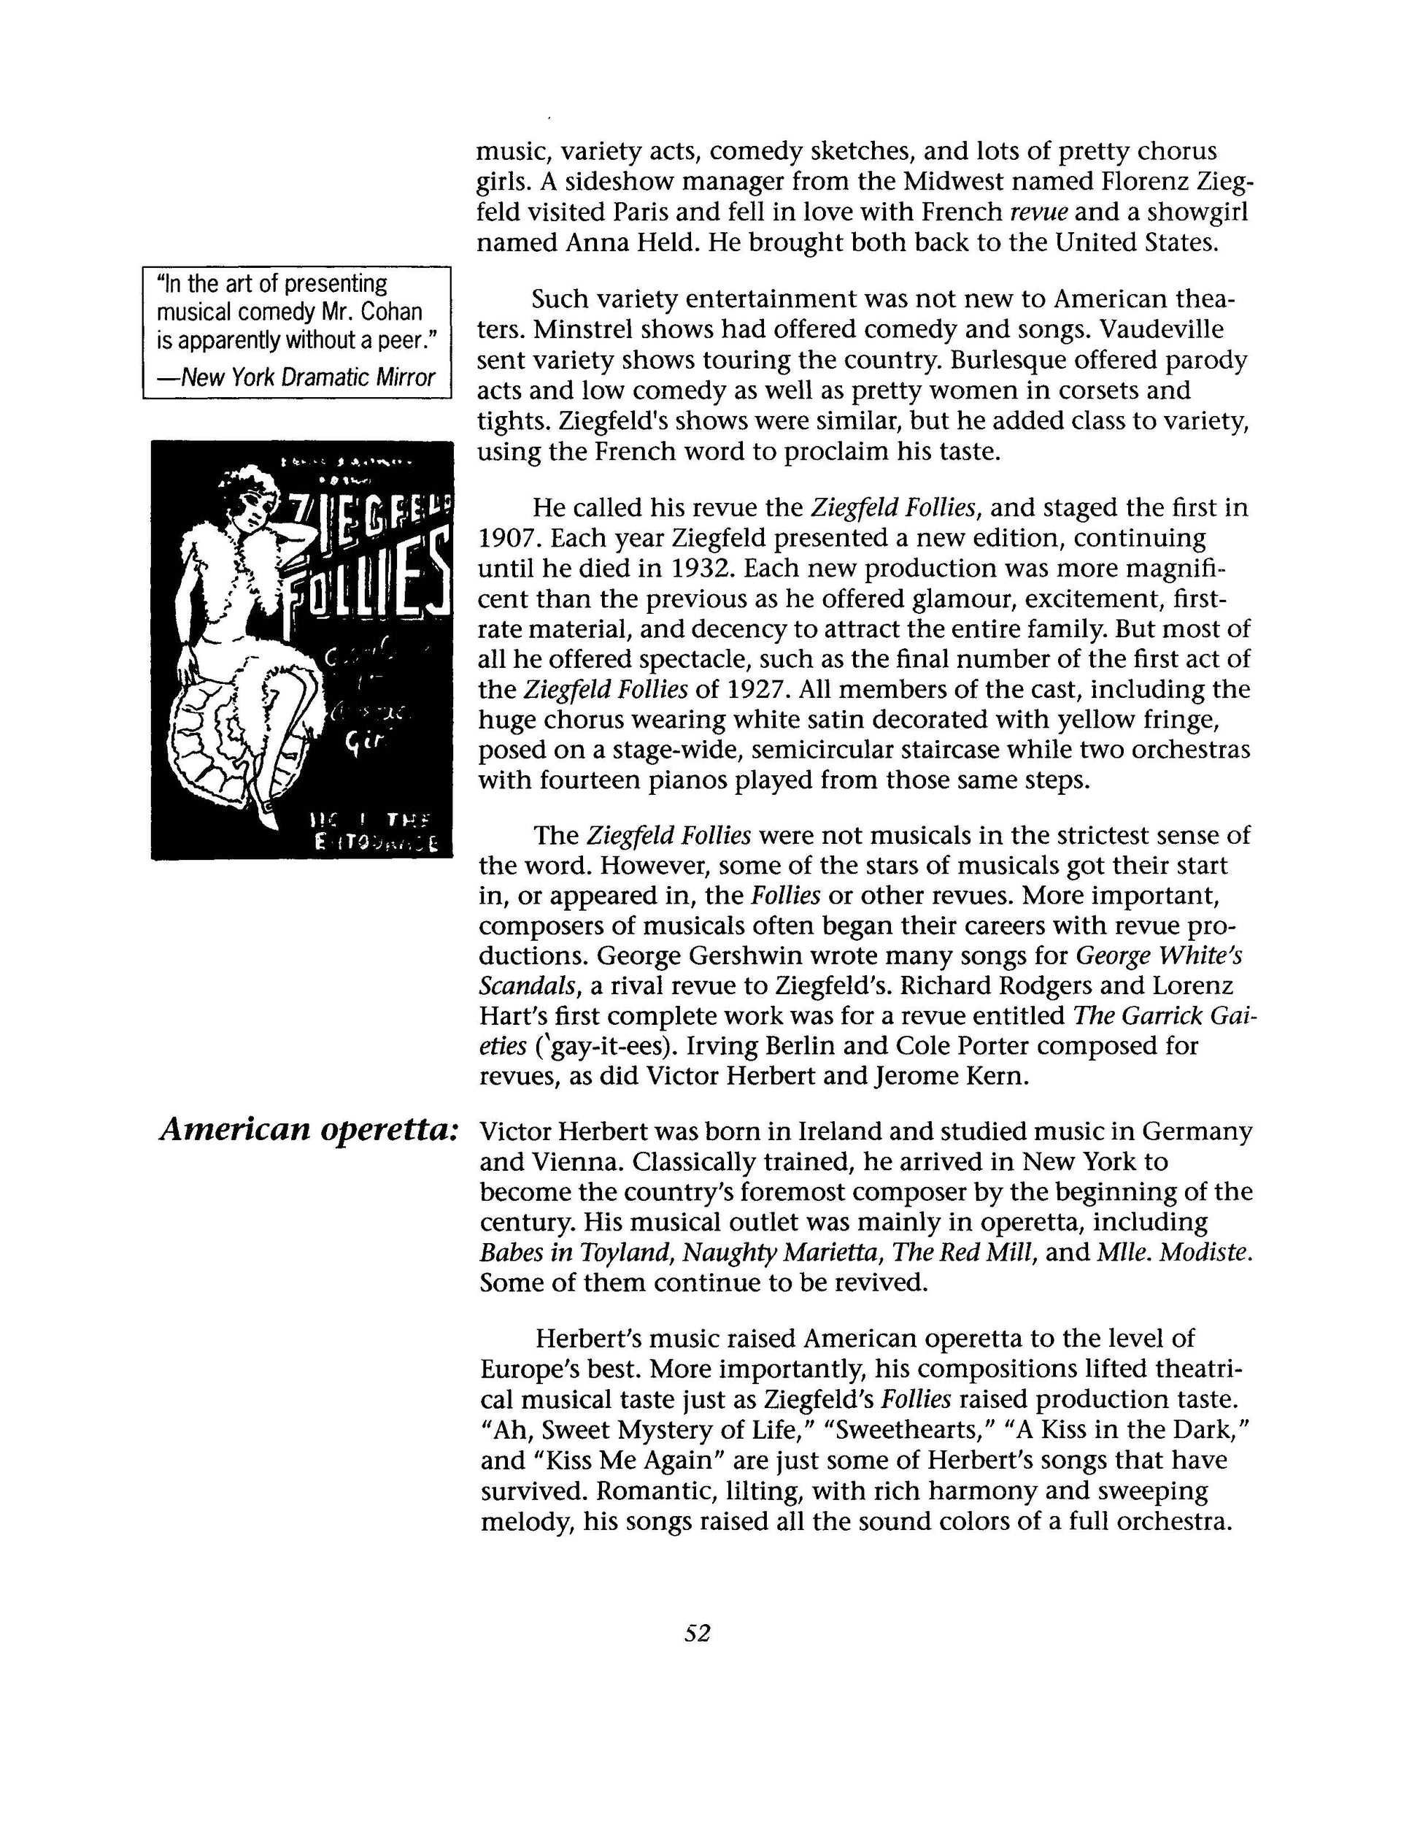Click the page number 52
coord(698,1634)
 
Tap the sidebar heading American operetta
coord(309,1130)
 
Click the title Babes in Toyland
coord(576,1253)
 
